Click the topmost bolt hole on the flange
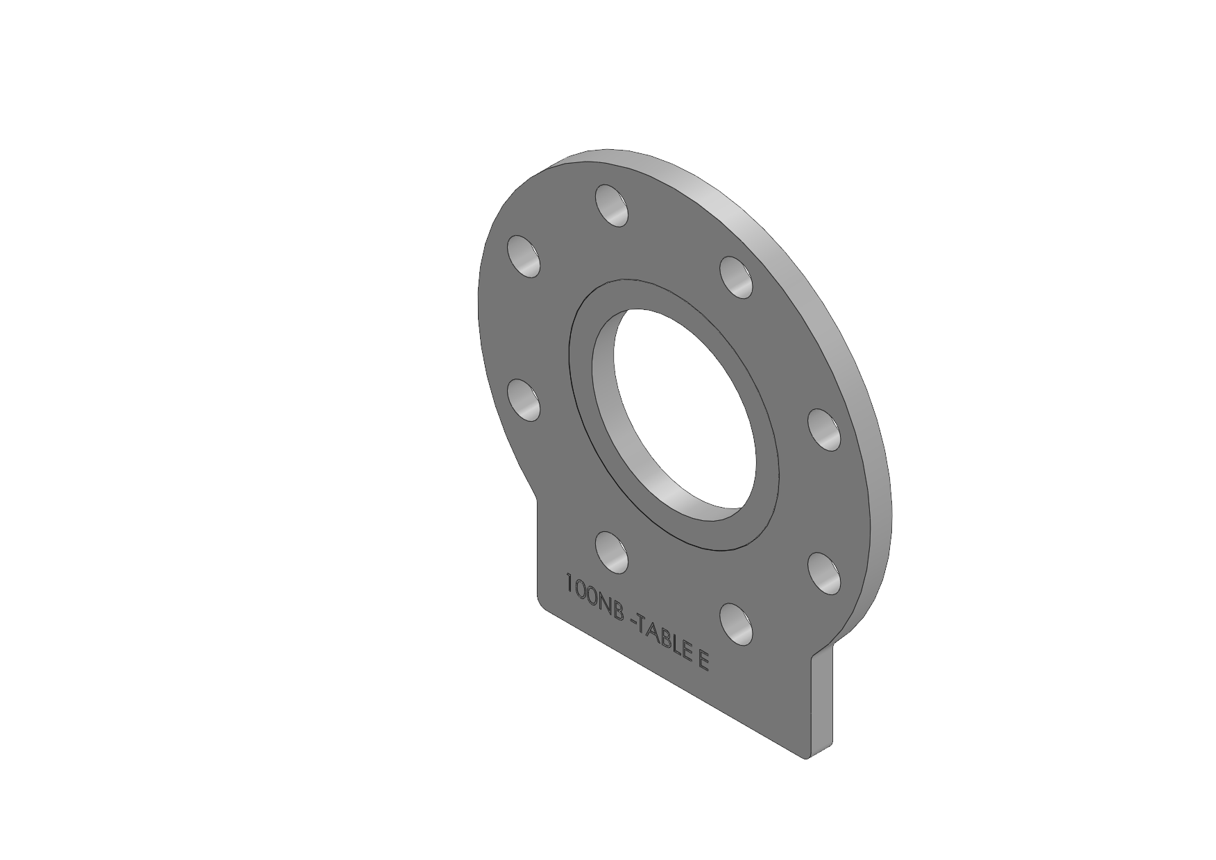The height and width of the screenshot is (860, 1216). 612,205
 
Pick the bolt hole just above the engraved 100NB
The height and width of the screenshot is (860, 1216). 613,552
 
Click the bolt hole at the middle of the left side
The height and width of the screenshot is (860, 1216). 525,399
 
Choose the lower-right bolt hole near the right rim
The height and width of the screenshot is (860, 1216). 824,573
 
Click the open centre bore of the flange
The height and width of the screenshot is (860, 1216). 680,409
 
